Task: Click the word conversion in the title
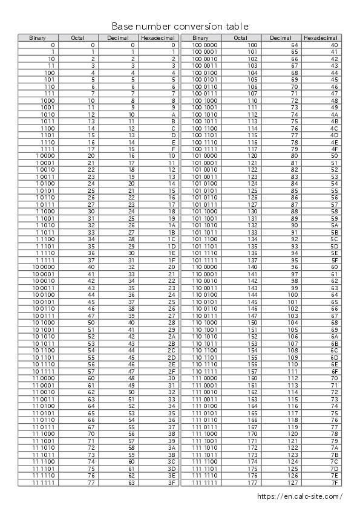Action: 201,27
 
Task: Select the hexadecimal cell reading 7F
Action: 334,482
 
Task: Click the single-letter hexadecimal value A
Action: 174,114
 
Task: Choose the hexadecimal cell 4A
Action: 334,114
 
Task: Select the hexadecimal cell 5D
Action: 334,246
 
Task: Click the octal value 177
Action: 253,482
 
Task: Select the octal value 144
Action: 253,294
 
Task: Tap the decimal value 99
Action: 295,288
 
